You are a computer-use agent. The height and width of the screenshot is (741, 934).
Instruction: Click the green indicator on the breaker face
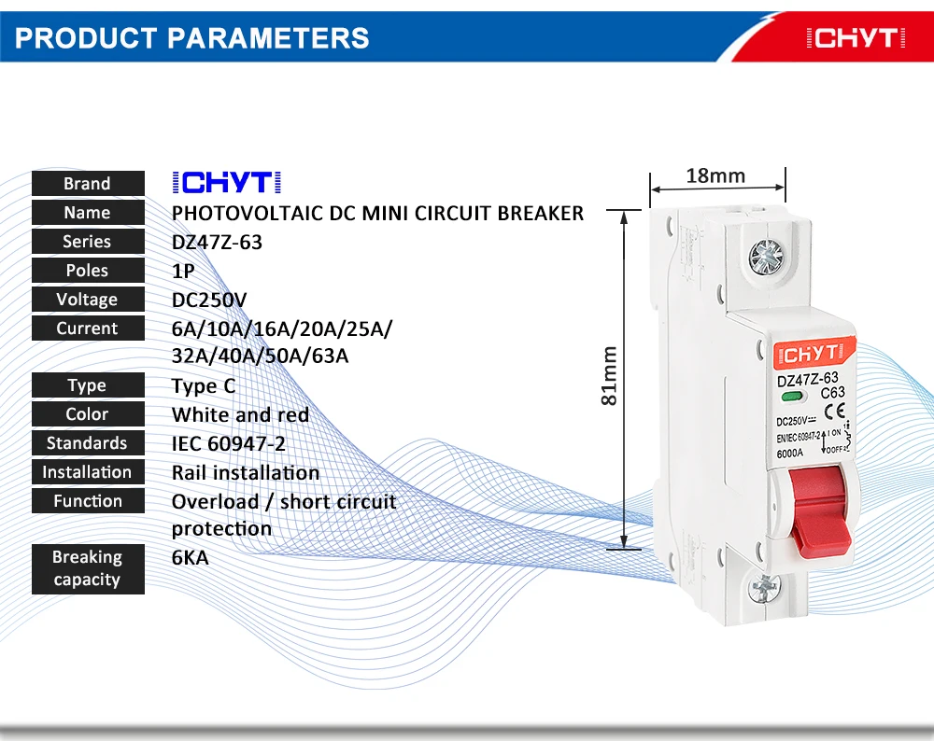[x=787, y=398]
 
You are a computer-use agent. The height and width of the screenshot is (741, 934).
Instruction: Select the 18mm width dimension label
[x=715, y=175]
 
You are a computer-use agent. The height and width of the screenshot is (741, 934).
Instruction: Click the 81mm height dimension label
[x=609, y=375]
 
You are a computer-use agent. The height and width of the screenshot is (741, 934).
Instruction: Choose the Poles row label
[x=87, y=271]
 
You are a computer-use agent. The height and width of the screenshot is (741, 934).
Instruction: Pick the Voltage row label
[x=87, y=300]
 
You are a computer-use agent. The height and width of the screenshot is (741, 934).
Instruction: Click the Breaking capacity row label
[x=87, y=568]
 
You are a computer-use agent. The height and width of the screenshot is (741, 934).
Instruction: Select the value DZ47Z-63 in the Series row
[x=217, y=242]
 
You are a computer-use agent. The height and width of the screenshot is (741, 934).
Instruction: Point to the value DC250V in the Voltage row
[x=209, y=300]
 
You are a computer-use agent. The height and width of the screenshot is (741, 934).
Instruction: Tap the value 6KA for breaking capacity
[x=191, y=558]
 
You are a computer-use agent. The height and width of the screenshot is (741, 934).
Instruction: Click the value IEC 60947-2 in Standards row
[x=229, y=443]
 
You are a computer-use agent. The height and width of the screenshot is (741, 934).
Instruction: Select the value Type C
[x=204, y=385]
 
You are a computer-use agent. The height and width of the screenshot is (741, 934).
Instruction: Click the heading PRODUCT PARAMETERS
[x=192, y=38]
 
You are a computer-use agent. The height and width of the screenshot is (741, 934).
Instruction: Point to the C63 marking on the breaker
[x=832, y=393]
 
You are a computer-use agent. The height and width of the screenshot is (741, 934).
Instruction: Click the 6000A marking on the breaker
[x=792, y=454]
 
